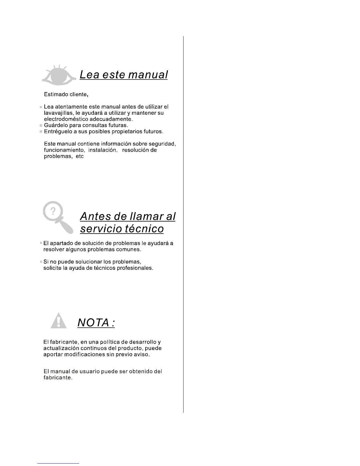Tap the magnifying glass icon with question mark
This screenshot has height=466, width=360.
point(58,217)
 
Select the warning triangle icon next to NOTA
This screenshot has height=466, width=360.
point(59,321)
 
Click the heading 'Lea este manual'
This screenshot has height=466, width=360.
point(124,75)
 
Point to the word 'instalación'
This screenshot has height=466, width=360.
point(103,150)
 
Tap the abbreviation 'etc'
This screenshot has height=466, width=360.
point(80,156)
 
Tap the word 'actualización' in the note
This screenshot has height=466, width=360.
point(61,348)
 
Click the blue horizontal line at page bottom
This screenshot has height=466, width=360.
point(59,463)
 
